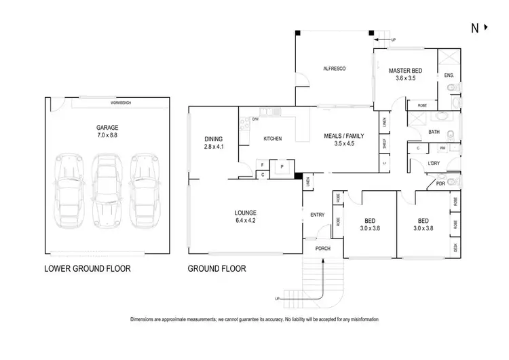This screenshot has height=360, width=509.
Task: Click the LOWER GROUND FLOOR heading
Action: [x=87, y=268]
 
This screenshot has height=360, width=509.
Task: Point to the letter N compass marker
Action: [x=474, y=28]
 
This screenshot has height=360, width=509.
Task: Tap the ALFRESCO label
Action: [x=335, y=69]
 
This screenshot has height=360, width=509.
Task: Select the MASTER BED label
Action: [x=405, y=71]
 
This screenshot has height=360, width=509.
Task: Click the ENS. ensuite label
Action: [x=449, y=75]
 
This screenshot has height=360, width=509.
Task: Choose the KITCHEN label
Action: [x=273, y=139]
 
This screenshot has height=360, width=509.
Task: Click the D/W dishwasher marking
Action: [x=255, y=120]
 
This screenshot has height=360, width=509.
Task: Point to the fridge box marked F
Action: [x=262, y=165]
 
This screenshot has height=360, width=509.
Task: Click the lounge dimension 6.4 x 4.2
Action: [x=245, y=220]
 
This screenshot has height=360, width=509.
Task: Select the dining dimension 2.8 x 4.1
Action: [x=213, y=146]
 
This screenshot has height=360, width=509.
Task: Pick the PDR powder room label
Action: [x=440, y=183]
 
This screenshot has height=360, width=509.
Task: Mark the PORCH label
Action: [x=323, y=249]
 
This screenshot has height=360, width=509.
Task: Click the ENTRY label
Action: [x=317, y=215]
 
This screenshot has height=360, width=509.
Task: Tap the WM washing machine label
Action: [x=442, y=147]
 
